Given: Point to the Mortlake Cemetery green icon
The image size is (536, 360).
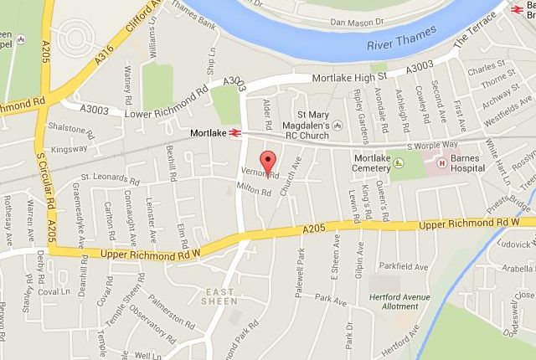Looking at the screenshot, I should click(x=399, y=161).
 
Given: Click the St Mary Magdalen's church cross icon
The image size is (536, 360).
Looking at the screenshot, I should click(x=337, y=124).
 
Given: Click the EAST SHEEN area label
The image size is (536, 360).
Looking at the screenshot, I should click(x=215, y=296).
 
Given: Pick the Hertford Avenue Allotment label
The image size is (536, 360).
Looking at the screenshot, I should click(x=394, y=301).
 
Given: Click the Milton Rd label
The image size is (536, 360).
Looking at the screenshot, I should click(x=256, y=193).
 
